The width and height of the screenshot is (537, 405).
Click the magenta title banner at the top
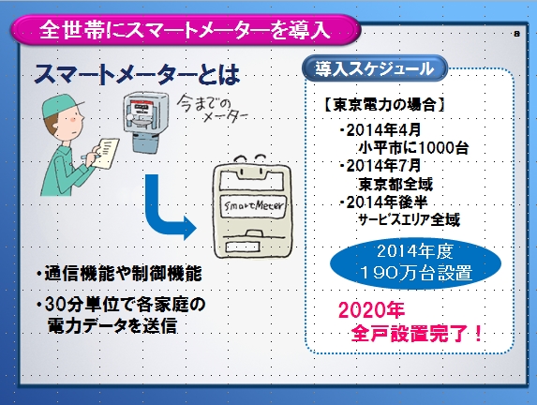186,29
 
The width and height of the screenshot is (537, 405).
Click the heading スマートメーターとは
137,75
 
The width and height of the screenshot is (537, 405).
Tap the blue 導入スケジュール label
375,68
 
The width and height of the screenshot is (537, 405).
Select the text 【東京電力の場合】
384,104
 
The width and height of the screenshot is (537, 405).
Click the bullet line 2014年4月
380,130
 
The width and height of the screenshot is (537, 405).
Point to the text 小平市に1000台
413,148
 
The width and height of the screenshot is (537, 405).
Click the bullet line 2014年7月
380,166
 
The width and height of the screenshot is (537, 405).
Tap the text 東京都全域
395,184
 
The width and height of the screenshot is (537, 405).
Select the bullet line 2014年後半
383,202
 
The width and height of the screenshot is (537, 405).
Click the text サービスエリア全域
409,219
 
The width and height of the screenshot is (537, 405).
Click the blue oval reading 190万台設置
415,263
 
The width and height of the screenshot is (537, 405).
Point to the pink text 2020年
371,310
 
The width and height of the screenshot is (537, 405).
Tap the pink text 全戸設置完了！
417,333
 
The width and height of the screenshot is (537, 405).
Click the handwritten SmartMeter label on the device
253,205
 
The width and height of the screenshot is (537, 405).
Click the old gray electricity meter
146,122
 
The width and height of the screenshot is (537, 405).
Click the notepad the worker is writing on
106,153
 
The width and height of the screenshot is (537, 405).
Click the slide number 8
516,34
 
